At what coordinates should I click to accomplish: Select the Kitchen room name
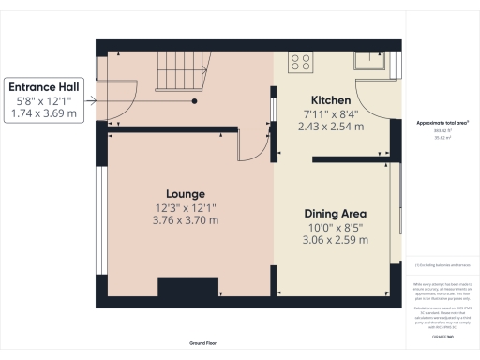point(331,100)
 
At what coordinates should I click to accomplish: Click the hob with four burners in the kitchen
point(301,63)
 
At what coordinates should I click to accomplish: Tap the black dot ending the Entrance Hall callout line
point(195,99)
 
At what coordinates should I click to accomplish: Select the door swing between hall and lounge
point(248,144)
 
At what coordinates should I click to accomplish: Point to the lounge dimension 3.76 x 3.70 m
point(187,220)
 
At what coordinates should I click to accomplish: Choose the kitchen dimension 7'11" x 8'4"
point(331,114)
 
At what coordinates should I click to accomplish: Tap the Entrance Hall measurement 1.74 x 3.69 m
point(43,112)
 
